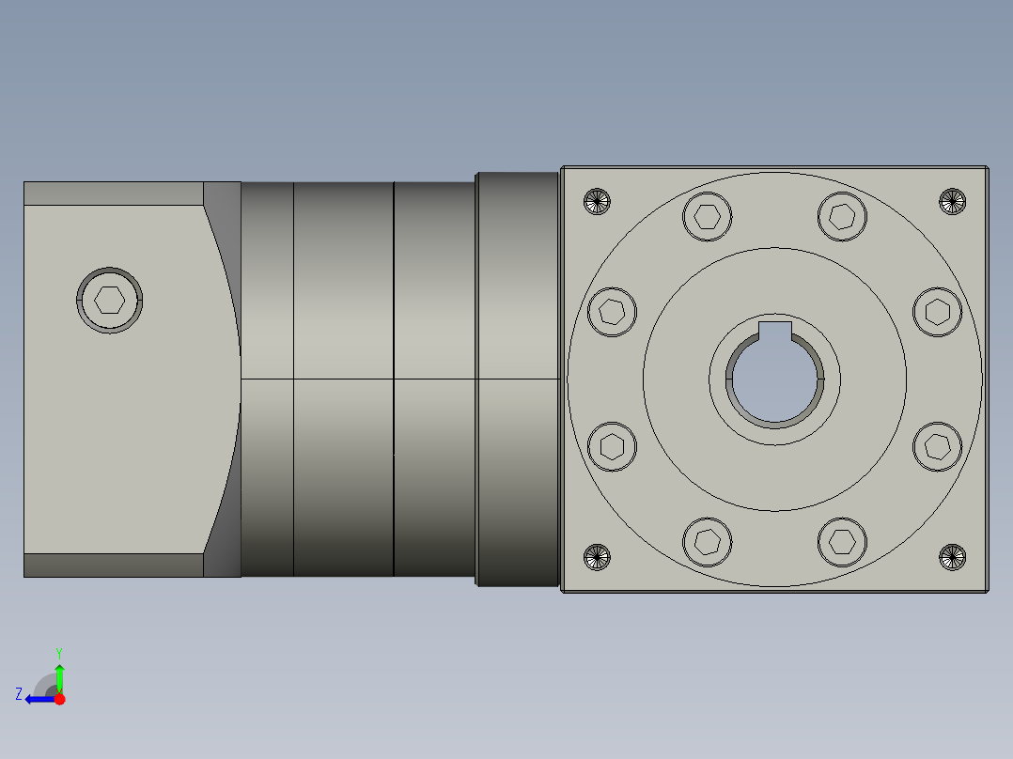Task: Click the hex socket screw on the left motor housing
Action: tap(110, 300)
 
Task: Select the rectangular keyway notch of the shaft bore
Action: tap(775, 330)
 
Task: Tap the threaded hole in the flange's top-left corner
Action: tap(597, 201)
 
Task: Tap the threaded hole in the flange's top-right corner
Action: tap(953, 201)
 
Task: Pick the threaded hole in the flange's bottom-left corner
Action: tap(597, 557)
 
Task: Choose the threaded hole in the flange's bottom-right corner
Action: tap(953, 557)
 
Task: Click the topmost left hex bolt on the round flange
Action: tap(708, 216)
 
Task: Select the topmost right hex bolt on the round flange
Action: tap(842, 216)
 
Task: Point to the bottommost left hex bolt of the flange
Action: tap(708, 541)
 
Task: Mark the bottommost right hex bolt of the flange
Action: tap(842, 541)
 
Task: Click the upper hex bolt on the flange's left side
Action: tap(613, 311)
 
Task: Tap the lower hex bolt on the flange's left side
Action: tap(613, 446)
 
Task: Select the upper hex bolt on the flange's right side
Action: tap(938, 311)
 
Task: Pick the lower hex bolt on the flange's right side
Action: tap(938, 446)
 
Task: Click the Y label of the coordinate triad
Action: tap(58, 652)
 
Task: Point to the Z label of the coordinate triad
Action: tap(19, 694)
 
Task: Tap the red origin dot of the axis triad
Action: tap(59, 698)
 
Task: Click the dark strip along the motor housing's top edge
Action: tap(113, 194)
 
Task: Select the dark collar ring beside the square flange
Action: tap(518, 379)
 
